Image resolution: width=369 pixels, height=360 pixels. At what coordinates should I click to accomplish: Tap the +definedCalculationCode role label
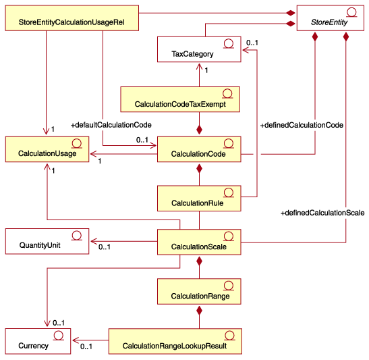coord(302,125)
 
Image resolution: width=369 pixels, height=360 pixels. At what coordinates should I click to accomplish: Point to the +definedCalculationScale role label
coord(322,213)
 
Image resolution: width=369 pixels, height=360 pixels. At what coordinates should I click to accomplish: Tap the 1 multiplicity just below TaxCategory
coord(206,70)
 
